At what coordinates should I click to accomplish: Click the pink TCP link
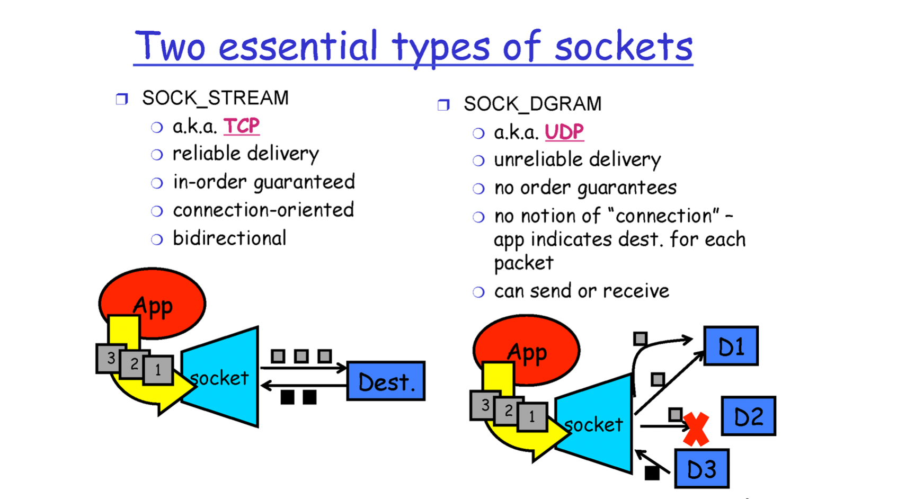(x=241, y=126)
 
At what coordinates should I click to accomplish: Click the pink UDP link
(x=564, y=132)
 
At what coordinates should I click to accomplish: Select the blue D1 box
(x=731, y=346)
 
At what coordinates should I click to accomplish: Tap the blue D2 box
(x=748, y=416)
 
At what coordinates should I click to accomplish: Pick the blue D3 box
(x=701, y=469)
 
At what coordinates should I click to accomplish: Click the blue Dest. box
(x=386, y=381)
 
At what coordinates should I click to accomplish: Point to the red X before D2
(x=696, y=429)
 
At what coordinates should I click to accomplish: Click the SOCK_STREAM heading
(x=215, y=98)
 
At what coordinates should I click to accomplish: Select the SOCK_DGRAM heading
(x=532, y=104)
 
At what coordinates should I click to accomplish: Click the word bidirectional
(x=229, y=238)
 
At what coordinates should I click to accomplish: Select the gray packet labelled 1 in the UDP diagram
(x=532, y=417)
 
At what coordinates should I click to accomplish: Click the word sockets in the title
(x=623, y=47)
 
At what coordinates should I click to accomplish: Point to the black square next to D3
(x=652, y=473)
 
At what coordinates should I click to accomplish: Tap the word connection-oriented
(x=263, y=210)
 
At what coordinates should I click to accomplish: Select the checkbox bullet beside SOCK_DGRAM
(x=443, y=104)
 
